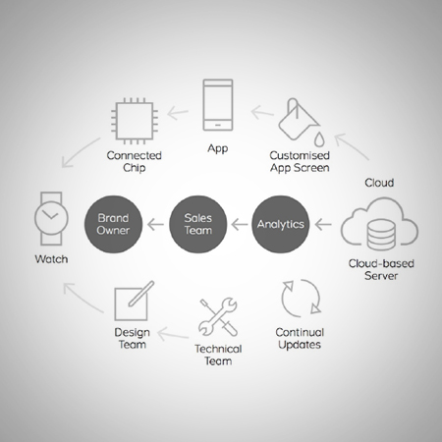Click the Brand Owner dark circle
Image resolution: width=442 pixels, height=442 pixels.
[x=113, y=224]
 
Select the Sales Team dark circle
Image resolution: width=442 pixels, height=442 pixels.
[x=198, y=224]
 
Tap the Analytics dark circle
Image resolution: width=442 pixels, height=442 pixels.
[x=281, y=224]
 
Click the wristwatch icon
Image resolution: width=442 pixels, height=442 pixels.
[x=51, y=218]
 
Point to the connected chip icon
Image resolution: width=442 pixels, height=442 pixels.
[x=135, y=121]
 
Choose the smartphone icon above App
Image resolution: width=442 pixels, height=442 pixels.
[x=218, y=105]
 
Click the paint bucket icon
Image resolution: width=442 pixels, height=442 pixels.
[x=300, y=122]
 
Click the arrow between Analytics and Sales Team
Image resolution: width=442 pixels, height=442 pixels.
[x=240, y=225]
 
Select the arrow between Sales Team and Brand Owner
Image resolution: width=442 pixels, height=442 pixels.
[x=155, y=225]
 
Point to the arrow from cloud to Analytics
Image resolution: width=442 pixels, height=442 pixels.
[x=323, y=225]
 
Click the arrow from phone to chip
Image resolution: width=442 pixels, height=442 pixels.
[x=178, y=113]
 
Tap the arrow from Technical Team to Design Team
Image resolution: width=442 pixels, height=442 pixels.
[x=173, y=334]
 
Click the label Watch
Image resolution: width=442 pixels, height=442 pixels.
[x=51, y=259]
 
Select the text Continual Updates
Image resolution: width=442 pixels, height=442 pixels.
[x=300, y=339]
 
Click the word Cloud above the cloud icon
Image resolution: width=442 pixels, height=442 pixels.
[x=379, y=183]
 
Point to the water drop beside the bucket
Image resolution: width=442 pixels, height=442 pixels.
[x=319, y=139]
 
